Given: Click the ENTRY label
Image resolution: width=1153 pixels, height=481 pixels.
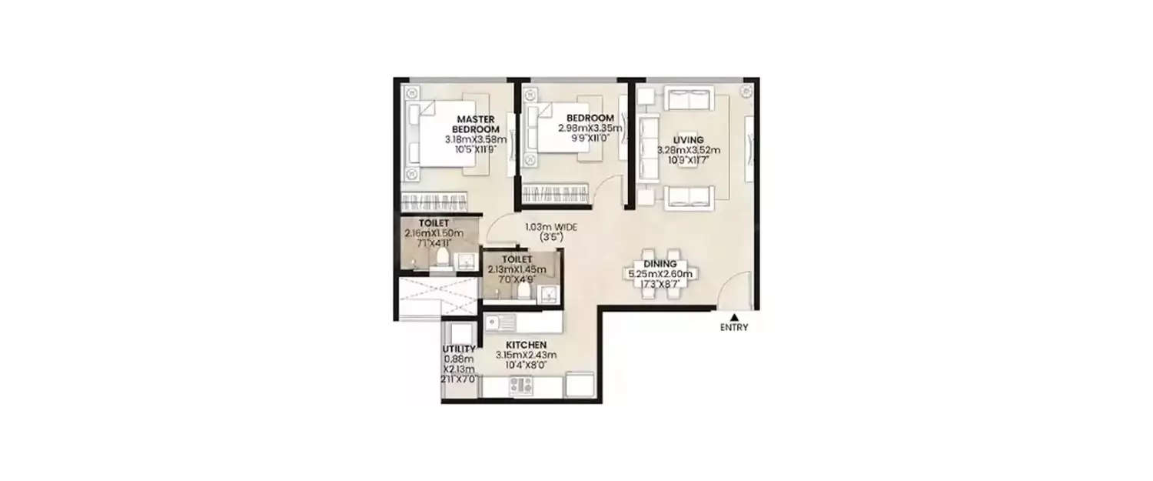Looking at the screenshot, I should tap(734, 327).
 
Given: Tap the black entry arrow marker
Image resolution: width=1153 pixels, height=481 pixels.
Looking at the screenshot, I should tap(734, 316).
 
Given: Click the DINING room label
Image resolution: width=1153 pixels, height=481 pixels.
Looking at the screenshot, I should tap(660, 263).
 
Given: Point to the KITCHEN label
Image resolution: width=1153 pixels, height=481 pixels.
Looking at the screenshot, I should tap(527, 344).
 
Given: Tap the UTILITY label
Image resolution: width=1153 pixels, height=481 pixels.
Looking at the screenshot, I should tap(460, 349).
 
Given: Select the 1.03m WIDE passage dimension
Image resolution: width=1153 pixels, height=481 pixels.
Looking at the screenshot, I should tap(551, 227).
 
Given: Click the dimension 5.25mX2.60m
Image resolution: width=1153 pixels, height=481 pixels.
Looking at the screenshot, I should tap(660, 273).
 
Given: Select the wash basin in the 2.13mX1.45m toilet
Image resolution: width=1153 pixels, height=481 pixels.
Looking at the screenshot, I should tap(547, 294).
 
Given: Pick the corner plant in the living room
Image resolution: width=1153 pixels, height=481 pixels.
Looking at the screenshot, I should tap(745, 92).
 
